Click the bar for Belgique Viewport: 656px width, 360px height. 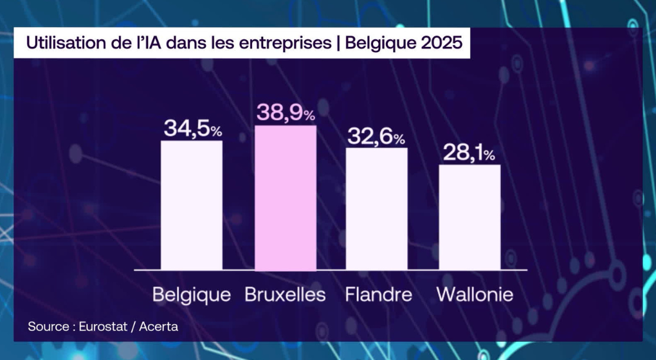tap(192, 205)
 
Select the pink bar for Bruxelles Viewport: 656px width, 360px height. tap(286, 197)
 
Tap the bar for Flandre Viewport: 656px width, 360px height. tap(377, 209)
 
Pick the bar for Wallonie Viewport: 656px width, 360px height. tap(469, 217)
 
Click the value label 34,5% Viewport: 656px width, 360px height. tap(192, 129)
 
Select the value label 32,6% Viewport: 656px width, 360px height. tap(377, 136)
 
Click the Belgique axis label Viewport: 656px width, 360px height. tap(192, 295)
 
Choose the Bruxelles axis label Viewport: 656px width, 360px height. tap(285, 295)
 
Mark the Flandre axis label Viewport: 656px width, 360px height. tap(378, 295)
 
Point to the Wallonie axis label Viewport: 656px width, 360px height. tap(475, 295)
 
